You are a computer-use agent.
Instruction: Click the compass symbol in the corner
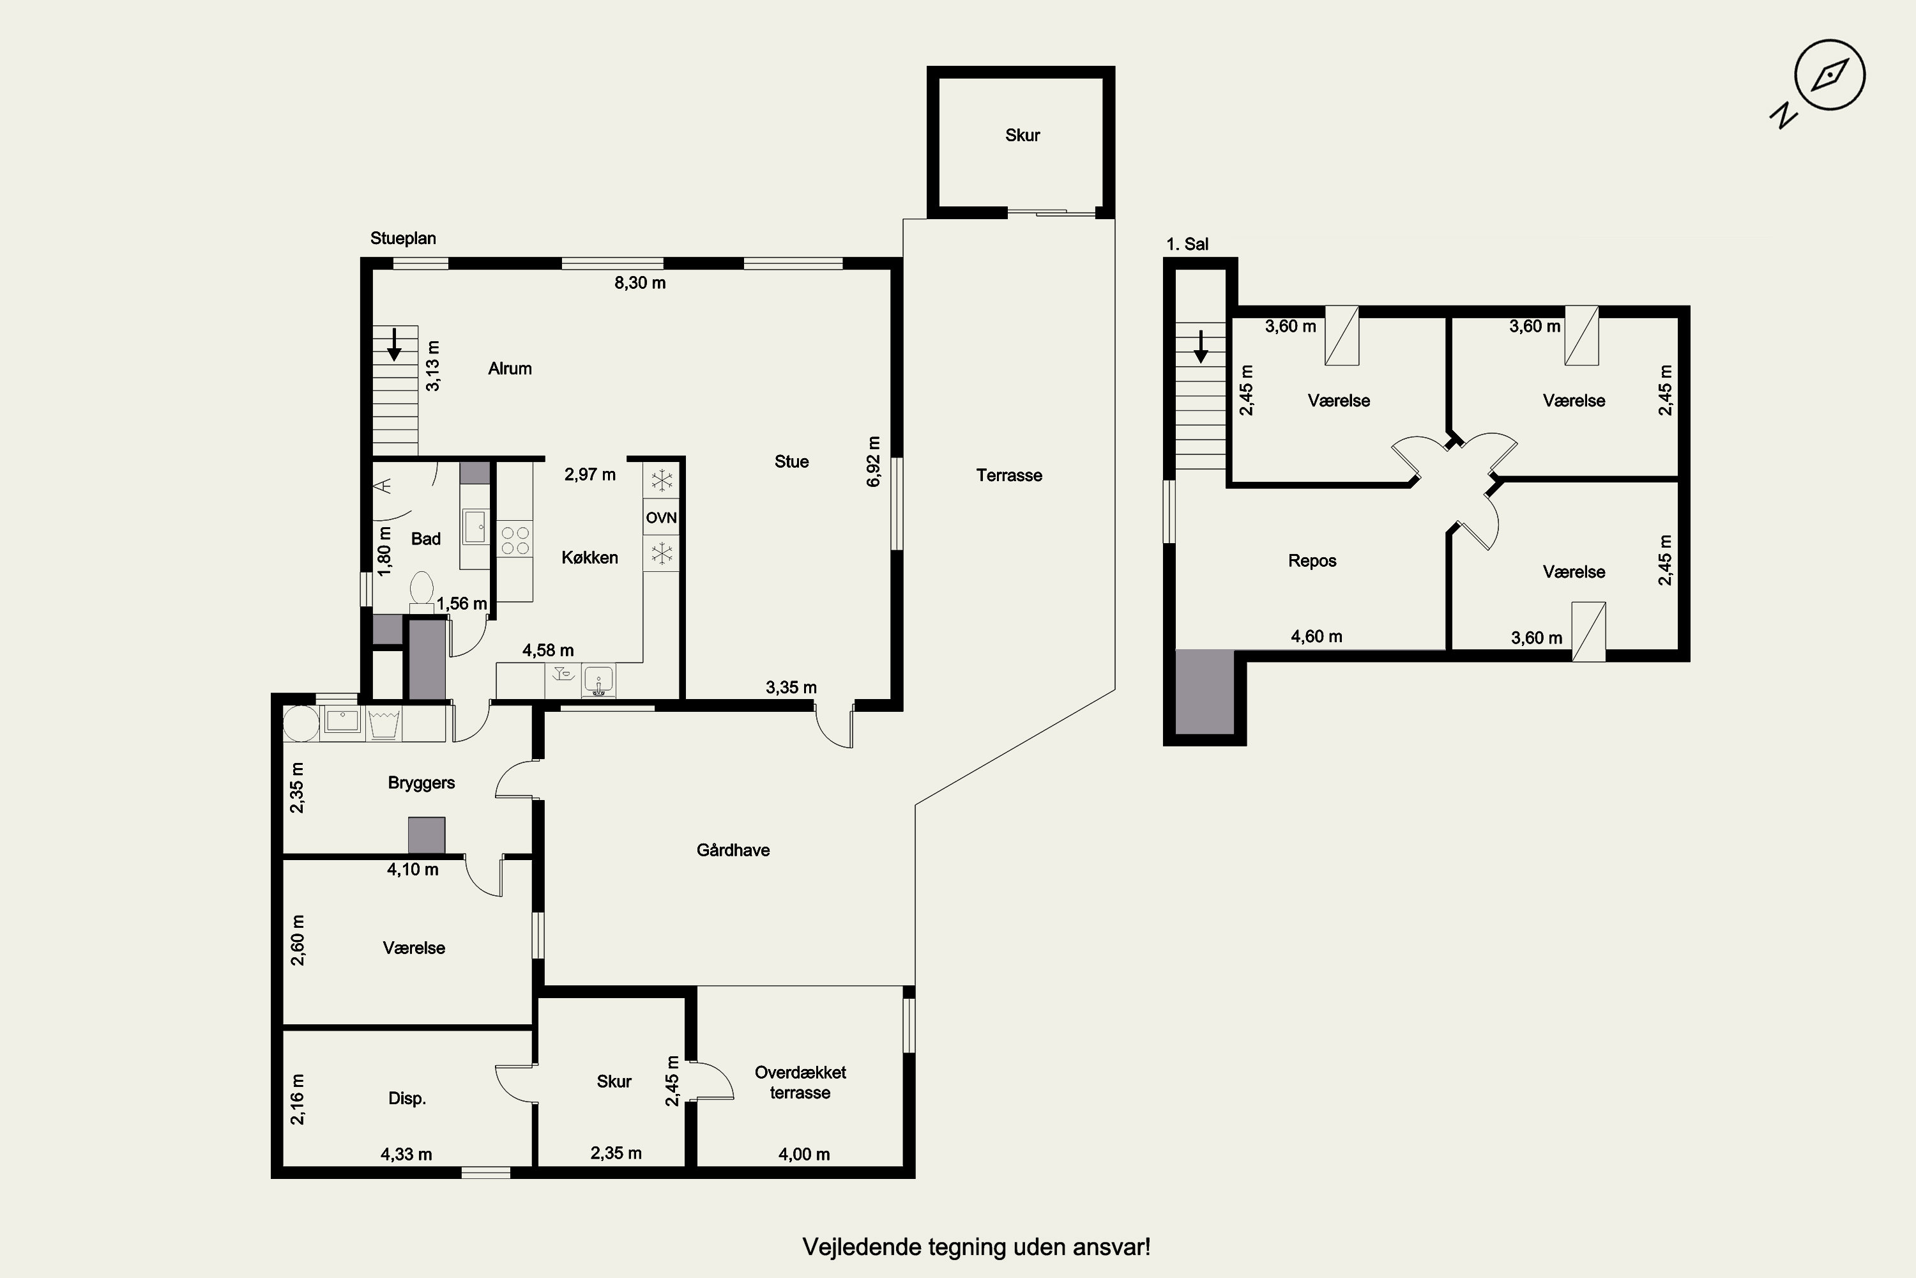(1830, 75)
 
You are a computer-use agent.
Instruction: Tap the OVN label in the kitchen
(662, 518)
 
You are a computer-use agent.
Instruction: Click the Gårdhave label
(733, 850)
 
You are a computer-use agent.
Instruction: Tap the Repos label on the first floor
(1312, 561)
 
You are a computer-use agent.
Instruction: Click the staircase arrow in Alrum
(394, 344)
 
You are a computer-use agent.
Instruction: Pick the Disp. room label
(406, 1098)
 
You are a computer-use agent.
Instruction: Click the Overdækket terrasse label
(800, 1082)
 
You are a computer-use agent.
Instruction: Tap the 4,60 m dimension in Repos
(1316, 636)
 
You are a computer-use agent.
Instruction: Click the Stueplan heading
(403, 238)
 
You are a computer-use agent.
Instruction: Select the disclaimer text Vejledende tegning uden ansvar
(977, 1247)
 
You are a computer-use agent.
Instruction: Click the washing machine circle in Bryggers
(301, 723)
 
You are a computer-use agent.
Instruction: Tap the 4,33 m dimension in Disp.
(406, 1154)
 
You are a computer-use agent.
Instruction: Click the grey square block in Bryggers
(427, 835)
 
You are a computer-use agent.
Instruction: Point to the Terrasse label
(1009, 475)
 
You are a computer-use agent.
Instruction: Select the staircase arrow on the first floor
(1201, 346)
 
